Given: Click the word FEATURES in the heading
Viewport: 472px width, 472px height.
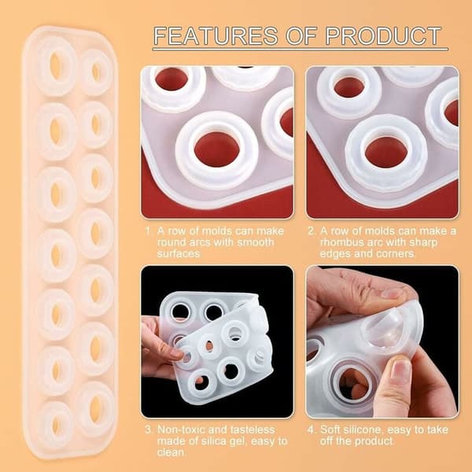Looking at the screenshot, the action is coord(216,35).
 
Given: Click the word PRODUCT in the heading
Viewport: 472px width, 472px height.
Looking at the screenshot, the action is coord(383,35).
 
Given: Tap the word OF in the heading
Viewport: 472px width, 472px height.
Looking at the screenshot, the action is coord(301,35).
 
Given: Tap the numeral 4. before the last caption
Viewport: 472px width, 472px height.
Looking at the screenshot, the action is coord(311,430).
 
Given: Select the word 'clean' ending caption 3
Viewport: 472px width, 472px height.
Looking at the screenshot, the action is coord(171,452).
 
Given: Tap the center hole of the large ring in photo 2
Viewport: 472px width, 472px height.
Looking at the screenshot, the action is coord(386,152).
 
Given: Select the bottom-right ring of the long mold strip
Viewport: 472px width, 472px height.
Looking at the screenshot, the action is coord(95,410).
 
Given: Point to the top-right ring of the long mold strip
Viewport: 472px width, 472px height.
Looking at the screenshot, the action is coord(96,72).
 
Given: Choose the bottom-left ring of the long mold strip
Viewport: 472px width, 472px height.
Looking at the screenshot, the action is coord(55,425).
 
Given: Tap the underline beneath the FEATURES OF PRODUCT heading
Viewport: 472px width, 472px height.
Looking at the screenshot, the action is coord(301,49).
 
